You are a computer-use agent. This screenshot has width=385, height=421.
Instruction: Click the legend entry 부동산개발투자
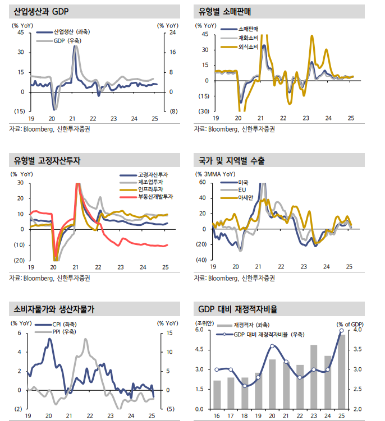click(x=155, y=197)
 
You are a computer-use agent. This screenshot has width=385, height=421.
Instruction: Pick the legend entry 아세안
click(x=245, y=197)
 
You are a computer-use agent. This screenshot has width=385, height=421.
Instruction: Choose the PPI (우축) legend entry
click(x=65, y=332)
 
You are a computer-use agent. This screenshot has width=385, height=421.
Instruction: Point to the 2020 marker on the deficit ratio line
click(x=272, y=346)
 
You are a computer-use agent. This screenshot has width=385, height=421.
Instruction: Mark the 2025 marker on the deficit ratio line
click(x=341, y=331)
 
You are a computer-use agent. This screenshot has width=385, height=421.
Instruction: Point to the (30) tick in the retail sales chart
click(x=203, y=112)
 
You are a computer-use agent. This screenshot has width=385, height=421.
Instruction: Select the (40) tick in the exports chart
click(x=201, y=261)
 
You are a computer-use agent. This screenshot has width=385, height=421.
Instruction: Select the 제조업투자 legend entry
click(x=150, y=182)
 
